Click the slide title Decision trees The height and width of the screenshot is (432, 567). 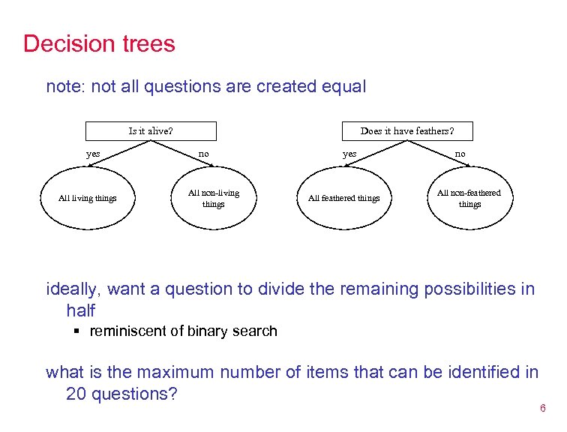tap(99, 43)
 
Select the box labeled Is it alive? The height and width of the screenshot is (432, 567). tap(151, 131)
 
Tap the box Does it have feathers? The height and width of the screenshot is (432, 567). tap(406, 131)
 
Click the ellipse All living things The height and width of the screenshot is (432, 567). tap(88, 198)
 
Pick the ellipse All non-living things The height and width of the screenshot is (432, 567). tap(213, 198)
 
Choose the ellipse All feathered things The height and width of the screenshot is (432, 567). tap(344, 198)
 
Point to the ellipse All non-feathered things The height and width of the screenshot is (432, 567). tap(469, 198)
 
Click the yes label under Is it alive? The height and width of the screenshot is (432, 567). tap(93, 154)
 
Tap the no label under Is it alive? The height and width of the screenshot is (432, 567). tap(203, 154)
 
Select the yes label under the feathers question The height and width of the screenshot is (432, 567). tap(349, 154)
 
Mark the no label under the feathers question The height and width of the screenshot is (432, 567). tap(460, 154)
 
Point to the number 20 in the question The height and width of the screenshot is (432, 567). tap(76, 394)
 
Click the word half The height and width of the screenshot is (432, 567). tap(81, 310)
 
